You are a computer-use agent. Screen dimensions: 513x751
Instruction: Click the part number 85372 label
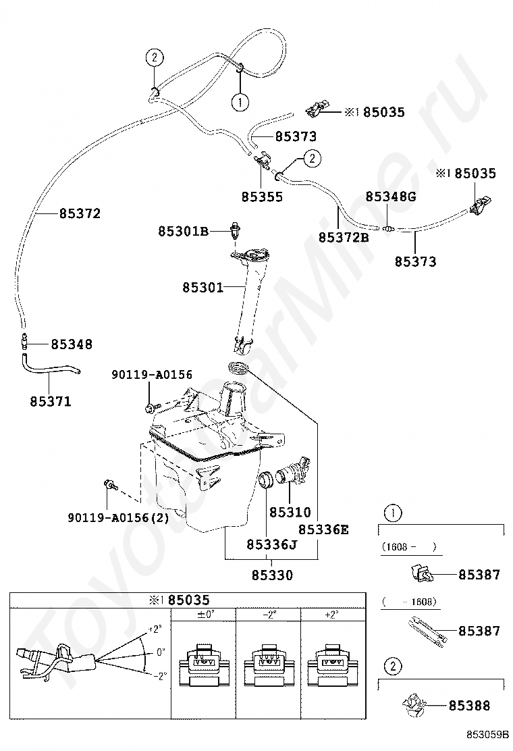click(80, 213)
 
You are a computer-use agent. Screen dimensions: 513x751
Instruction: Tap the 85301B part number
click(184, 232)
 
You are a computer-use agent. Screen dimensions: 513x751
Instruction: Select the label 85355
click(263, 197)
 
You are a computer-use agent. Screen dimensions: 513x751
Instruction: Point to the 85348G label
click(391, 197)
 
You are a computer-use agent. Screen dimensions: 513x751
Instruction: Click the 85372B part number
click(344, 237)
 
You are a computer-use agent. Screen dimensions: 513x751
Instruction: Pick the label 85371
click(50, 401)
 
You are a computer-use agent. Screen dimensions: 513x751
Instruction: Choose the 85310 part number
click(290, 512)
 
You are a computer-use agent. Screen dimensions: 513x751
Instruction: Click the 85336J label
click(272, 544)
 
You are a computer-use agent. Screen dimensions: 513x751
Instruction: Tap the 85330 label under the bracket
click(272, 575)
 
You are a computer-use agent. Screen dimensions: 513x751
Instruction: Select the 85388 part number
click(469, 706)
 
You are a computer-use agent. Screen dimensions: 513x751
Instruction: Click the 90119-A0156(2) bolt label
click(118, 517)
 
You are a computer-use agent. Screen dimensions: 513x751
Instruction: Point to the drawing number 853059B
click(487, 734)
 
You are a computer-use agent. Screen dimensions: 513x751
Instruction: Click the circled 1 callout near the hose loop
click(240, 102)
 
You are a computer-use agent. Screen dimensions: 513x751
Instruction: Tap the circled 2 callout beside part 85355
click(313, 158)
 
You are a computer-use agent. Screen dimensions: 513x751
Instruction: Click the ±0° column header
click(205, 615)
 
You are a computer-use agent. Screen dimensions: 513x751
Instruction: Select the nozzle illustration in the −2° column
click(268, 664)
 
